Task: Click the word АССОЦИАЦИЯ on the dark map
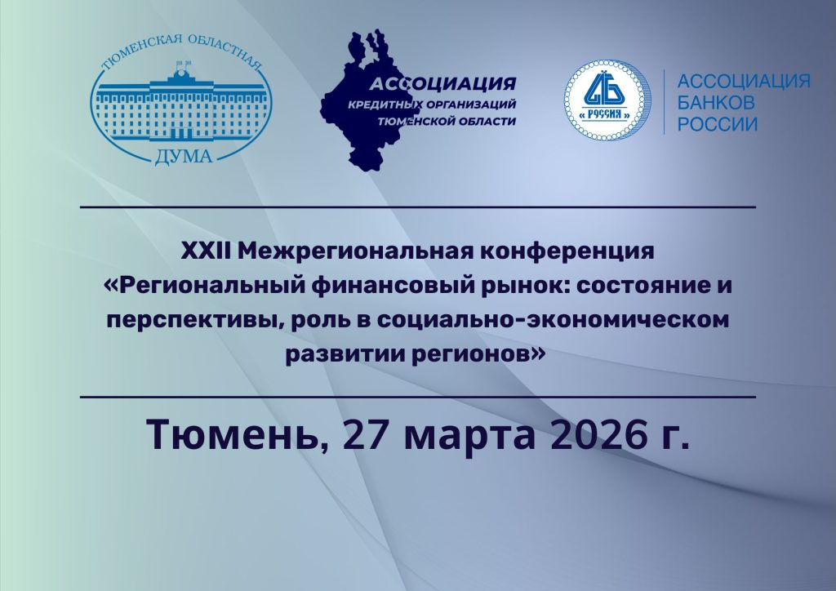pyautogui.click(x=443, y=84)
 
